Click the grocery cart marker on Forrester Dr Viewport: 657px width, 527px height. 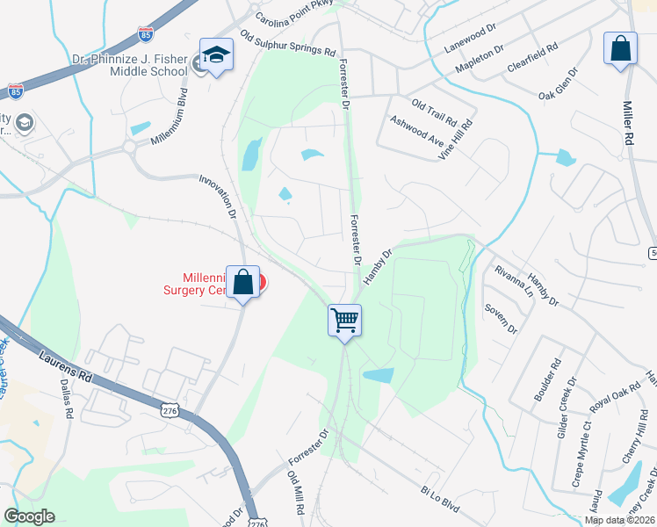tap(345, 320)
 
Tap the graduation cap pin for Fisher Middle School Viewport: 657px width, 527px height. tap(215, 55)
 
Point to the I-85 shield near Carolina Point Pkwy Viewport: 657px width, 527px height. tap(146, 35)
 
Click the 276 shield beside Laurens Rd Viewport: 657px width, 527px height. tap(170, 410)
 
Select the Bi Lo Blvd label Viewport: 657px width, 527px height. tap(440, 501)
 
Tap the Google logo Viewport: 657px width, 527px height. tap(29, 516)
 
